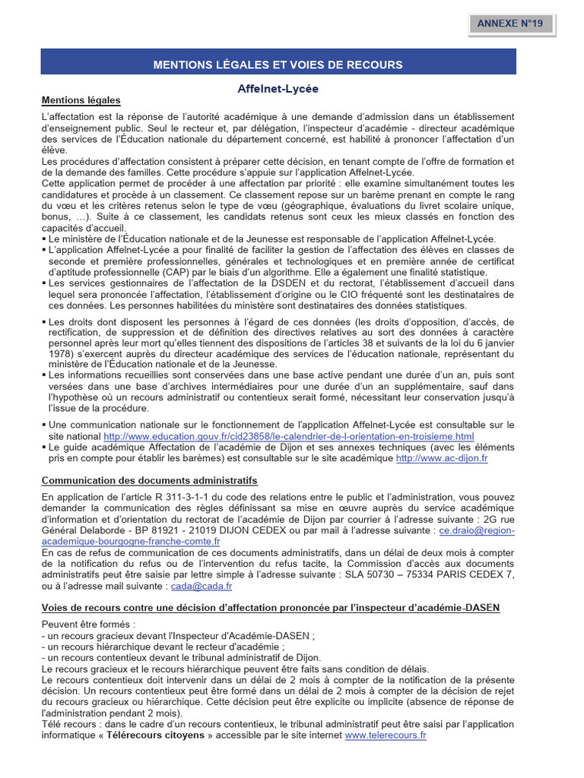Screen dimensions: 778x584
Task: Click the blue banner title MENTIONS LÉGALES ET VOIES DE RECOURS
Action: pos(278,65)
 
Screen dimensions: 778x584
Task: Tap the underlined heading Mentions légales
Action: pos(81,100)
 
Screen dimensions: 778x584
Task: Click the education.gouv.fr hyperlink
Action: pos(288,436)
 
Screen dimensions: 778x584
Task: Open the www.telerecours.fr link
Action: pos(386,735)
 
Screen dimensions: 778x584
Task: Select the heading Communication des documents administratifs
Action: pos(150,480)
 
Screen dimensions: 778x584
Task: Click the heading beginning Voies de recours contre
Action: pos(271,608)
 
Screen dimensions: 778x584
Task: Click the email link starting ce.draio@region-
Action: pos(471,530)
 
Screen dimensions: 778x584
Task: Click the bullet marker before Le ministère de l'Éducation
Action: pos(44,239)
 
